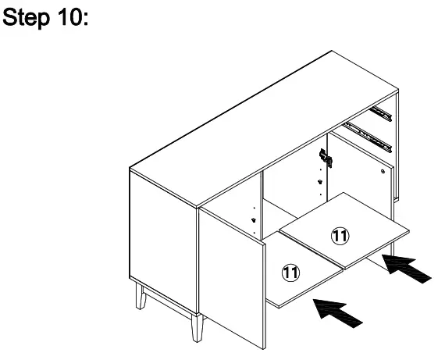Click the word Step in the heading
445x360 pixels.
coord(28,19)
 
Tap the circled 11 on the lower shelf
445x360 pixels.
coord(290,272)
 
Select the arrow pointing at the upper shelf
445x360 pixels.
coord(407,270)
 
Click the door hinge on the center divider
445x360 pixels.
coord(326,159)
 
